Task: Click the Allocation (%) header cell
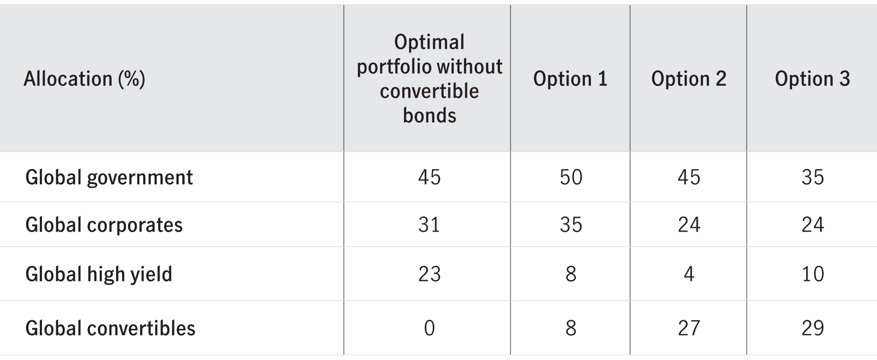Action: tap(84, 79)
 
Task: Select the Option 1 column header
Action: tap(570, 79)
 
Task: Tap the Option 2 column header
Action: tap(688, 79)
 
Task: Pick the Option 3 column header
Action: tap(812, 79)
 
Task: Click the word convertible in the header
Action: tap(429, 91)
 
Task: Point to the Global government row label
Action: tap(109, 177)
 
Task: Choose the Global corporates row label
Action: tap(104, 225)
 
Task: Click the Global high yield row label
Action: tap(99, 274)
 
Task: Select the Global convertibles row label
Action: tap(110, 328)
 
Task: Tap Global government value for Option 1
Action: tap(571, 177)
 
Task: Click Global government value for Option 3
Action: tap(813, 177)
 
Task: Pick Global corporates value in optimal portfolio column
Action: tap(429, 225)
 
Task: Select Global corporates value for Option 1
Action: tap(571, 225)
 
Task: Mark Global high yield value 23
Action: tap(429, 274)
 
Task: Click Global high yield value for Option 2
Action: tap(689, 274)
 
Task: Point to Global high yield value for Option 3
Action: tap(813, 274)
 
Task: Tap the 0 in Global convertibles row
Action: tap(429, 328)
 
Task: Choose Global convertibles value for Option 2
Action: tap(689, 328)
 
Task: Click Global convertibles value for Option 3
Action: tap(813, 328)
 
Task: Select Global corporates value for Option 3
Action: tap(813, 225)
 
